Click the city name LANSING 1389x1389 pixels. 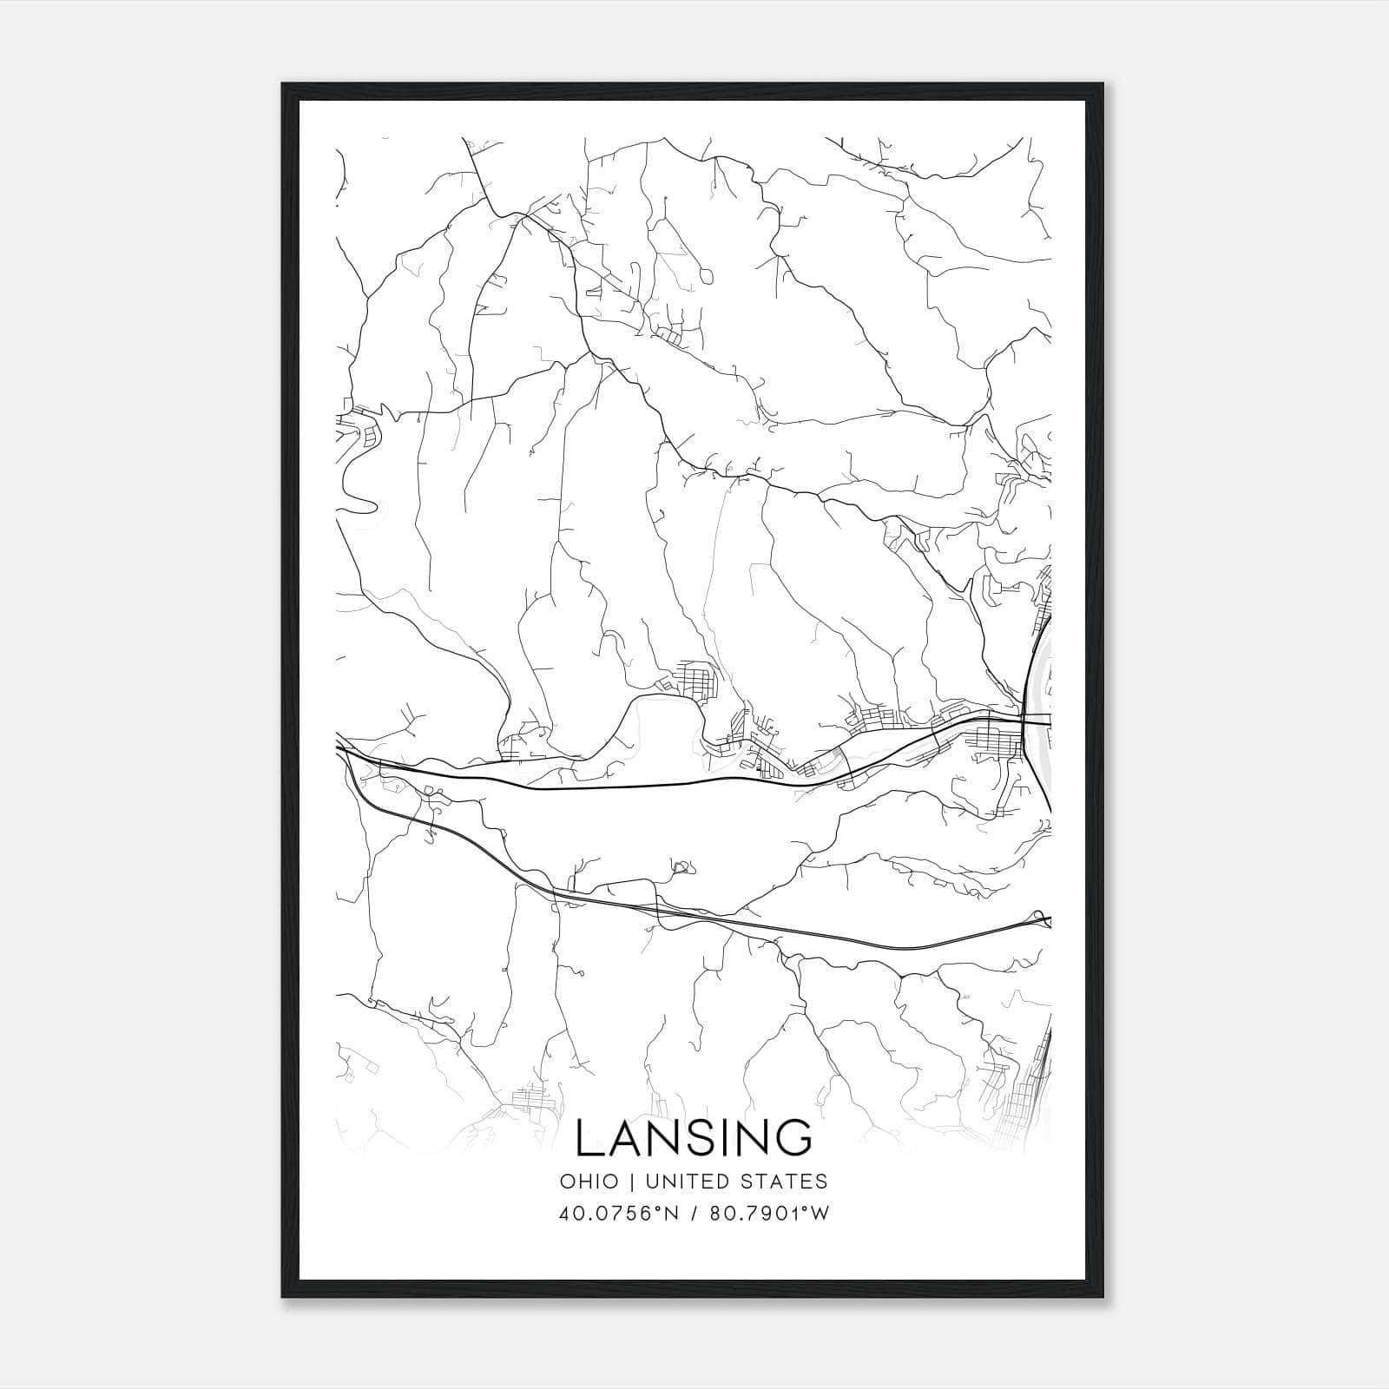click(x=694, y=1137)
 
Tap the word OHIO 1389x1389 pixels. click(x=589, y=1182)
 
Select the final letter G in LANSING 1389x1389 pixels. click(x=794, y=1137)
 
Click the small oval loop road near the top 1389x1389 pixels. click(x=705, y=277)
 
